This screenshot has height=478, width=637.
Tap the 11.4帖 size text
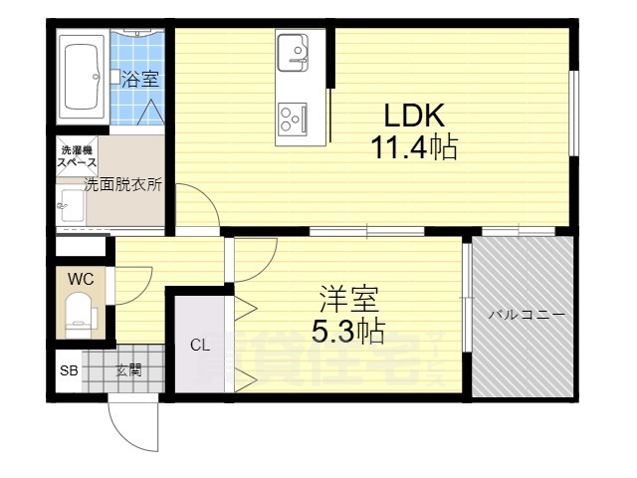pos(413,149)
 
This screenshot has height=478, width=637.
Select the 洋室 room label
pos(347,299)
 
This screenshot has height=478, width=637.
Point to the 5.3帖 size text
pos(347,331)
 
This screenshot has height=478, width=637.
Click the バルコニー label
pos(526,315)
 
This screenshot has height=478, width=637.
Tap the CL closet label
pos(200,346)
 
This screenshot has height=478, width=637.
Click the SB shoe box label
pos(69,371)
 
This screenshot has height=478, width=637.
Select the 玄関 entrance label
pos(128,371)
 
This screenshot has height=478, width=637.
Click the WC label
pos(80,278)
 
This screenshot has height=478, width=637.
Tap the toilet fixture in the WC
pos(81,314)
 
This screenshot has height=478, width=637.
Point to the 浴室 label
pos(140,79)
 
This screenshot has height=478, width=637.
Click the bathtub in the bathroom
pos(84,77)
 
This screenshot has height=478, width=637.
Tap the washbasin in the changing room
pos(73,206)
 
